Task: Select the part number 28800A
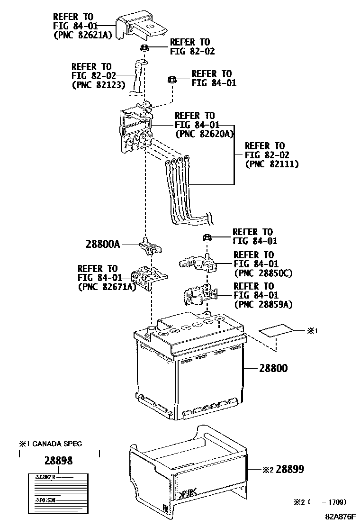[103, 245]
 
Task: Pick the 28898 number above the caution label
[59, 461]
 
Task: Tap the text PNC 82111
[272, 164]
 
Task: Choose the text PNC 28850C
[263, 273]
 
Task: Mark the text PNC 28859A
[263, 304]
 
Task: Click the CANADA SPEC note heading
[51, 444]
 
